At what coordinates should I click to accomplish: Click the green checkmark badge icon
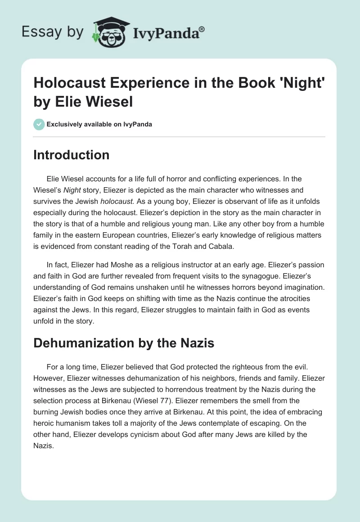click(39, 124)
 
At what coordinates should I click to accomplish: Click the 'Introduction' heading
click(71, 155)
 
